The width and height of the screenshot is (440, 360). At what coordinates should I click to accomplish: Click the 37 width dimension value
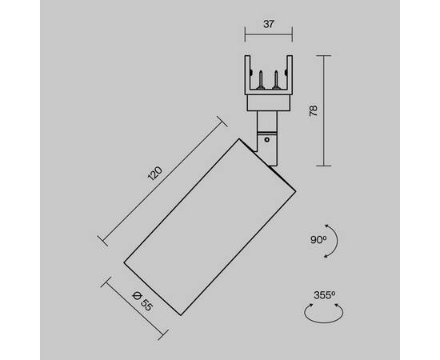(268, 24)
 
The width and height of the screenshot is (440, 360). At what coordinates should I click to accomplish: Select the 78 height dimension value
(313, 111)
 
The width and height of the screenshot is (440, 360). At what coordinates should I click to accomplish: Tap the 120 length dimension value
(155, 174)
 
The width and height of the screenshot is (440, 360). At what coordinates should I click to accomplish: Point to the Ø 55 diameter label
(142, 302)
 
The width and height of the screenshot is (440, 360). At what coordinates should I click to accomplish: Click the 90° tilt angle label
(318, 240)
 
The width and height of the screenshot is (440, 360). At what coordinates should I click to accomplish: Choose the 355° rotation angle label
(324, 295)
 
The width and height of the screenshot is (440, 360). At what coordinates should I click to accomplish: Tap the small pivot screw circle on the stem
(267, 139)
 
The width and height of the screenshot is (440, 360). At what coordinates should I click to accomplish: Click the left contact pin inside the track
(261, 80)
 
